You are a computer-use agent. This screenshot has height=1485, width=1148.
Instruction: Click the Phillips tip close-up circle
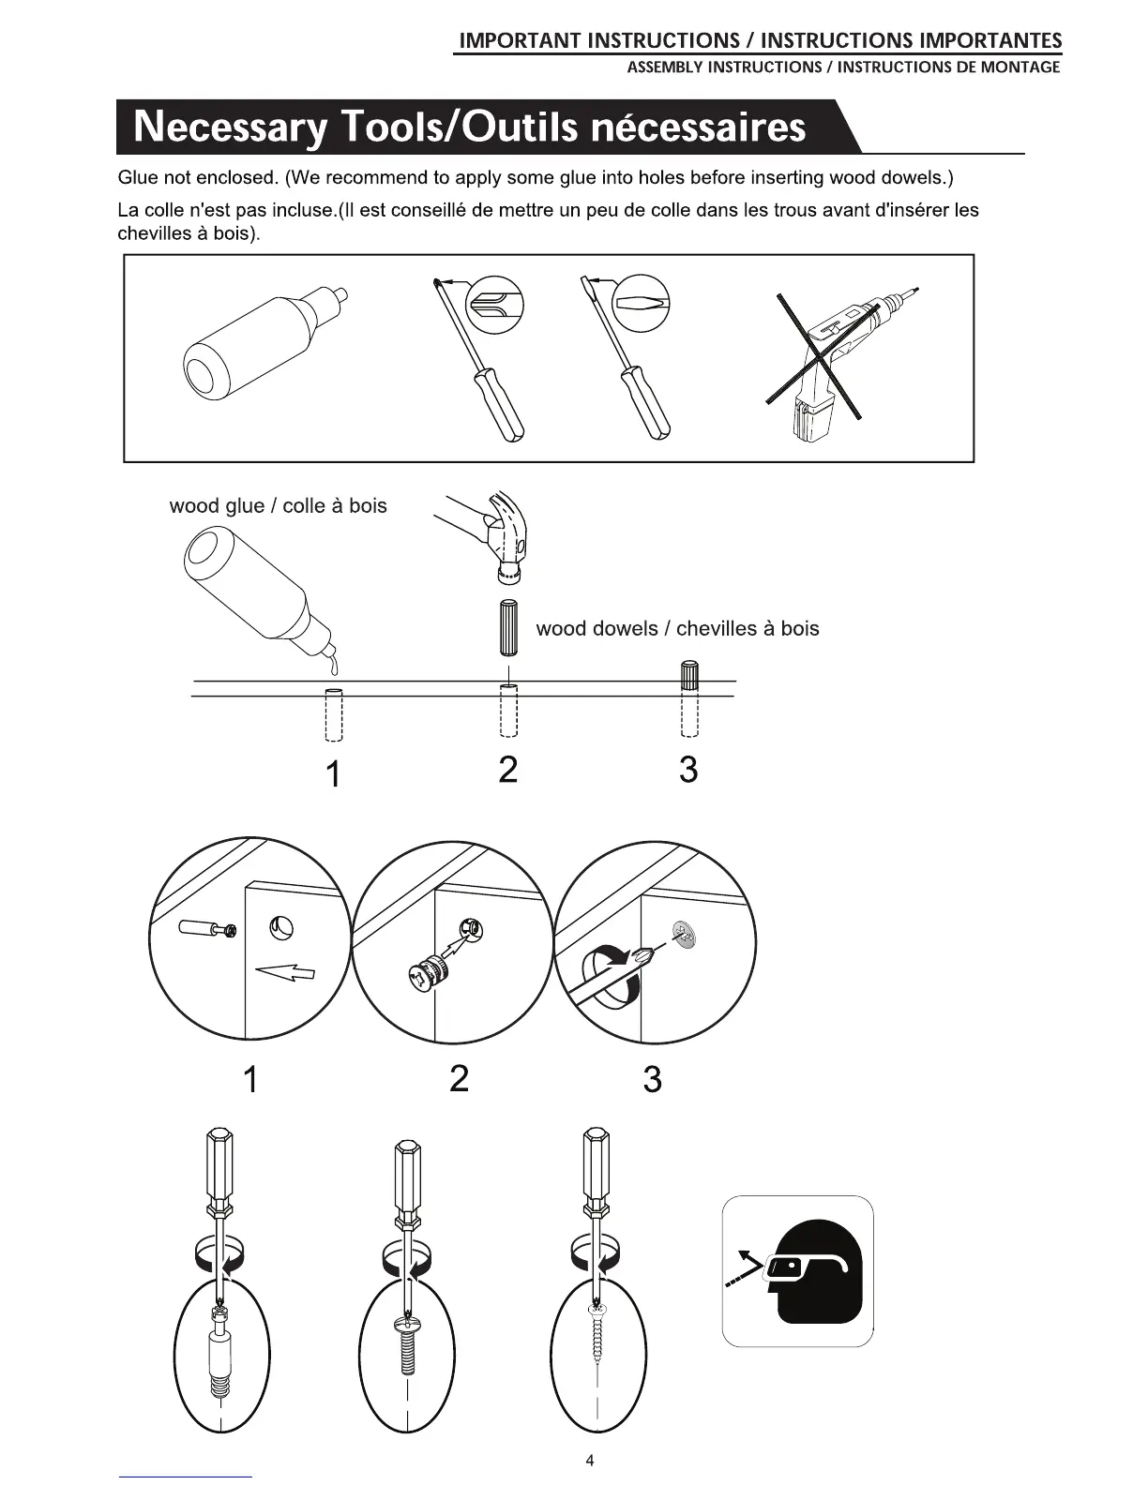pos(495,305)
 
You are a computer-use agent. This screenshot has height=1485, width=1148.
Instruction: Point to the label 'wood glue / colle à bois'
pos(278,506)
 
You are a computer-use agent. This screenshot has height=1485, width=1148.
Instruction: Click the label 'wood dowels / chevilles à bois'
pos(677,628)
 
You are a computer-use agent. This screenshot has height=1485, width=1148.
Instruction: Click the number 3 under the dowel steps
pos(688,770)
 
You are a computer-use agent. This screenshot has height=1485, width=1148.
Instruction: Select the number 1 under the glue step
pos(332,774)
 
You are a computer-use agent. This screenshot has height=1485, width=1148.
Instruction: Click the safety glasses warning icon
pos(797,1271)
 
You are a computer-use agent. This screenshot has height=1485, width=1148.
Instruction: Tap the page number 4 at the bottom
pos(589,1460)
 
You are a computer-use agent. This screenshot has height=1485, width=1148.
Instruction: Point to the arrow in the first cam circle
pos(289,973)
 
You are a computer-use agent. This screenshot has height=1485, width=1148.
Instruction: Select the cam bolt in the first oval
pos(220,1350)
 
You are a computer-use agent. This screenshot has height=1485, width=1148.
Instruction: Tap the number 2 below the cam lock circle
pos(459,1079)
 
